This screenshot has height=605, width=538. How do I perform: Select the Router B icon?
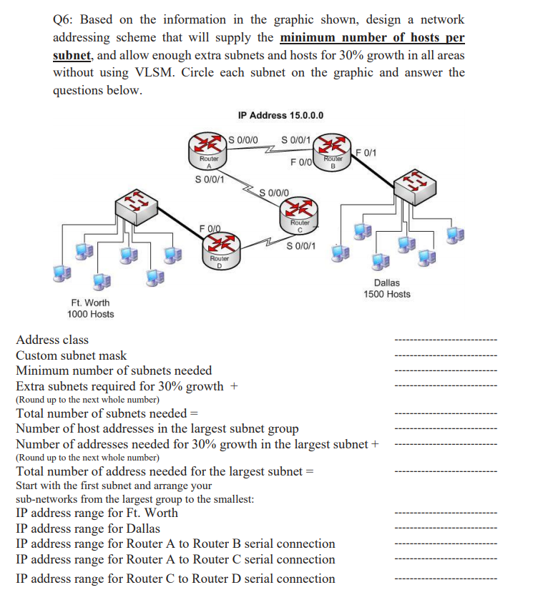coord(334,149)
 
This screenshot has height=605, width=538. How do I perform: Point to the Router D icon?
coord(219,247)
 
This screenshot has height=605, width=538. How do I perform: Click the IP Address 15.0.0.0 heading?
coord(280,115)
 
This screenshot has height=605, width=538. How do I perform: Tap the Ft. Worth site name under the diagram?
coord(90,302)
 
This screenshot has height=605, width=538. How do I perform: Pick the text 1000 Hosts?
coord(90,314)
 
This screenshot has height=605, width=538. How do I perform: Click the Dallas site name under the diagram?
coord(386,283)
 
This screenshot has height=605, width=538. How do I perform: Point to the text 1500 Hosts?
coord(386,295)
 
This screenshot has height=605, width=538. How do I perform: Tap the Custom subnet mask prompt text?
coord(71,355)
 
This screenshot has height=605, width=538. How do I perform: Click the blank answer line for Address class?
coord(445,340)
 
